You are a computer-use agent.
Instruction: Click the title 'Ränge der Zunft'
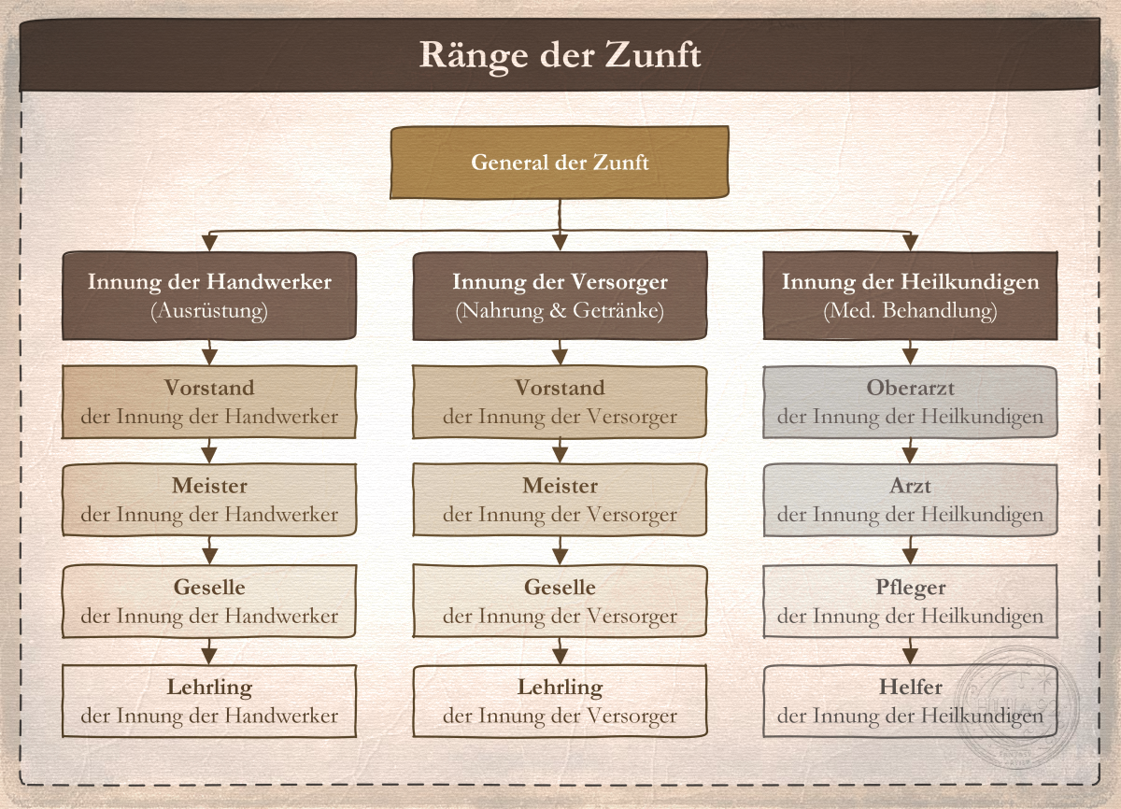[560, 55]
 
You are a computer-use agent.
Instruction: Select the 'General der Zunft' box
[560, 163]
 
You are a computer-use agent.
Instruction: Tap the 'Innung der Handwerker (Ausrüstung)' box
[209, 296]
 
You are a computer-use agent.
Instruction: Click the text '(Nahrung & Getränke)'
[560, 311]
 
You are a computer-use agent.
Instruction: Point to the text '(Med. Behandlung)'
[910, 311]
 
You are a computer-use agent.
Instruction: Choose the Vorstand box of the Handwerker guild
[209, 402]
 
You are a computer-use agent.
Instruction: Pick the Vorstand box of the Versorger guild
[560, 402]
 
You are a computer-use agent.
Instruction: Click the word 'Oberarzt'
[910, 388]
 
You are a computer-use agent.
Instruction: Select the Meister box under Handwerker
[209, 500]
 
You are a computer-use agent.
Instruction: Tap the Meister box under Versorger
[560, 500]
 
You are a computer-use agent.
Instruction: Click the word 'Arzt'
[910, 486]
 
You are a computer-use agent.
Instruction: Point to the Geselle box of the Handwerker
[209, 601]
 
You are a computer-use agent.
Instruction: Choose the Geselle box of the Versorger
[560, 601]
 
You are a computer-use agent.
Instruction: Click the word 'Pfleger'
[910, 588]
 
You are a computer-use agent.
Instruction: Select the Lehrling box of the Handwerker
[209, 701]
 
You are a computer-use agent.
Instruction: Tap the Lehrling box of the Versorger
[560, 701]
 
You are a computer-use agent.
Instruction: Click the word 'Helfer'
[910, 687]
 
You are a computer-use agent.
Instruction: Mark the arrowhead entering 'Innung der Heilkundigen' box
[910, 243]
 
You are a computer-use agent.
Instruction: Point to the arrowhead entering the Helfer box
[910, 657]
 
